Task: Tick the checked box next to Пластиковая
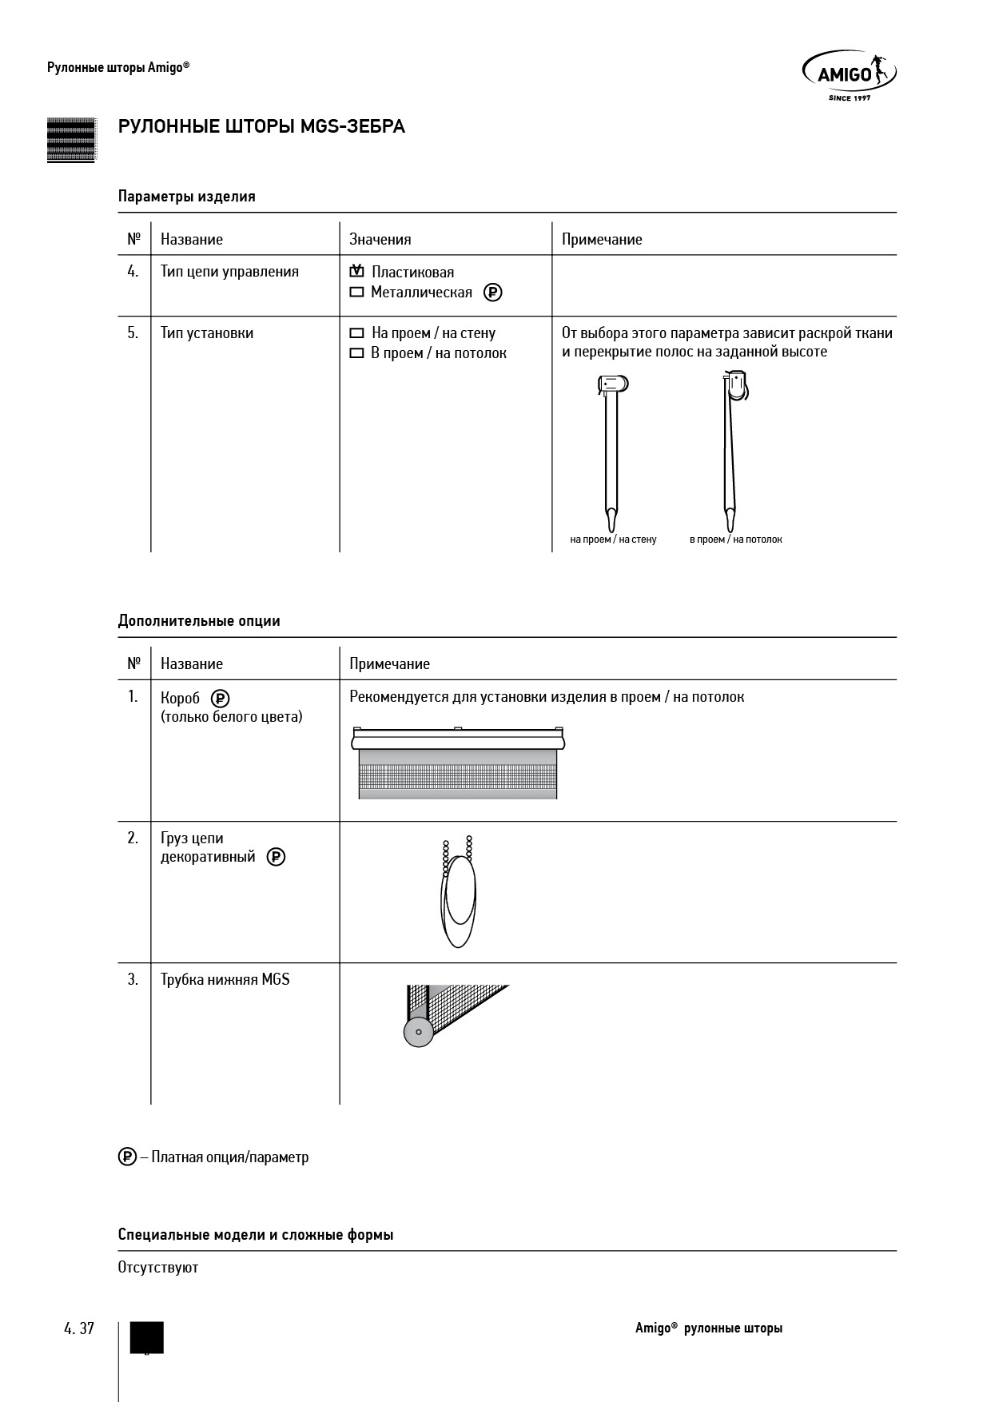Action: [x=356, y=272]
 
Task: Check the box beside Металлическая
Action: [x=356, y=293]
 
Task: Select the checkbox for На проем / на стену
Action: [x=356, y=333]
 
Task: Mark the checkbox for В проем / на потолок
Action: [x=356, y=353]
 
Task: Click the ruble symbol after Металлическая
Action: [x=493, y=293]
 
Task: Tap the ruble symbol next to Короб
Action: [x=220, y=698]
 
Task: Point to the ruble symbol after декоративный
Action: [x=276, y=857]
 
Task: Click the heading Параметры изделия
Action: [x=186, y=196]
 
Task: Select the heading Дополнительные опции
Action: [x=199, y=620]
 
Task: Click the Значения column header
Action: [x=380, y=239]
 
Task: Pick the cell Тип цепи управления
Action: [x=229, y=272]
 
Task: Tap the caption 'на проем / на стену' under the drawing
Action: [x=613, y=540]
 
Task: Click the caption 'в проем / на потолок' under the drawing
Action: [x=735, y=540]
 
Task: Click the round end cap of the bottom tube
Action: [x=418, y=1032]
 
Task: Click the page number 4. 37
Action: [x=79, y=1328]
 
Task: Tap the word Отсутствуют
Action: [x=158, y=1267]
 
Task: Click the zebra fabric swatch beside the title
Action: [x=71, y=140]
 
